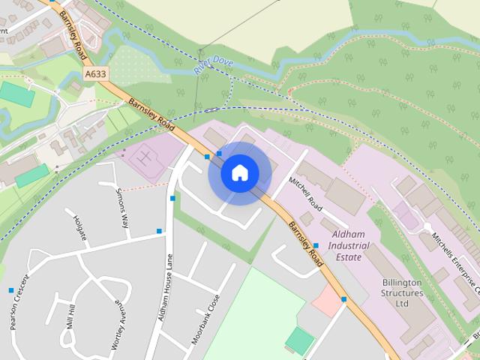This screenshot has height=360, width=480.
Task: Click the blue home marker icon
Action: coord(239,172)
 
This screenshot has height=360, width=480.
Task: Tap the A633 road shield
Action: coord(95,74)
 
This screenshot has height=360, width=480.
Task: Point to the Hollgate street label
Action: coord(81,228)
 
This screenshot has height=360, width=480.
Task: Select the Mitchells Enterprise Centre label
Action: coord(451,262)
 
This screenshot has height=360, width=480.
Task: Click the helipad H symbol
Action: coord(147,158)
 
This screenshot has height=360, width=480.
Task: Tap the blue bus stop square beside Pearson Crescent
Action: coord(11,290)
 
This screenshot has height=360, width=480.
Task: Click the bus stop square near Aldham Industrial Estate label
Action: coord(316,245)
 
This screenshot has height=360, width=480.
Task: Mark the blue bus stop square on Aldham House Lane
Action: coord(172,199)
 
